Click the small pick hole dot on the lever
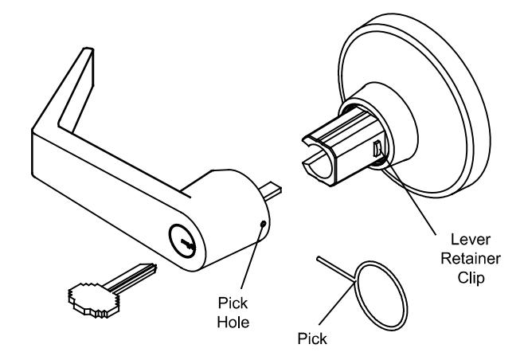click(x=264, y=224)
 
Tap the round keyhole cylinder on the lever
click(x=182, y=241)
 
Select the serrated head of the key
click(x=94, y=299)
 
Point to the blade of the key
click(x=131, y=276)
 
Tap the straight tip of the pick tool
click(x=319, y=258)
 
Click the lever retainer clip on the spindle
click(x=377, y=148)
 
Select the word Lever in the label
click(x=471, y=239)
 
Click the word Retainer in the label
click(x=471, y=258)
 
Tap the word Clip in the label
click(x=471, y=278)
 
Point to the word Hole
click(x=233, y=323)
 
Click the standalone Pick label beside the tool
click(x=312, y=338)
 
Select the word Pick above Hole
click(x=233, y=303)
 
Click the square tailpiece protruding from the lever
click(x=272, y=191)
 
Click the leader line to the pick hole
click(x=252, y=257)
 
